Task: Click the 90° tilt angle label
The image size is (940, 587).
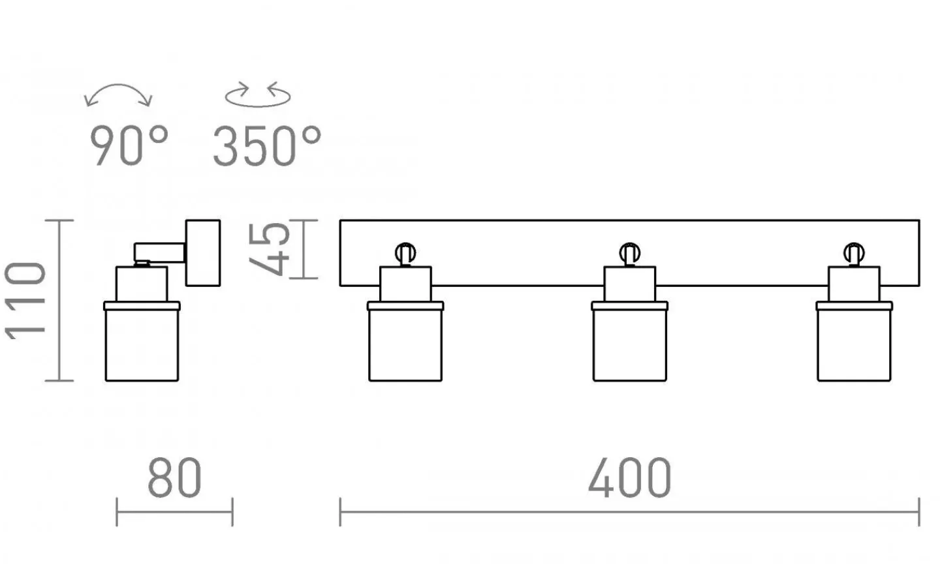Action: tap(129, 145)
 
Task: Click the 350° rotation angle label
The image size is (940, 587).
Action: tap(267, 145)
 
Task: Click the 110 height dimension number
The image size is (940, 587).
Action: tap(25, 300)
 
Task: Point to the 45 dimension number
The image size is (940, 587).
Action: tap(269, 249)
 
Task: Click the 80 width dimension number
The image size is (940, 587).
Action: tap(174, 477)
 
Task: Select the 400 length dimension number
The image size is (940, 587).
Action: tap(629, 477)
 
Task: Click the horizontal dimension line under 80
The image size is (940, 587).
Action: tap(174, 511)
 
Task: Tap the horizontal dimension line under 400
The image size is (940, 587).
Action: tap(629, 512)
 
